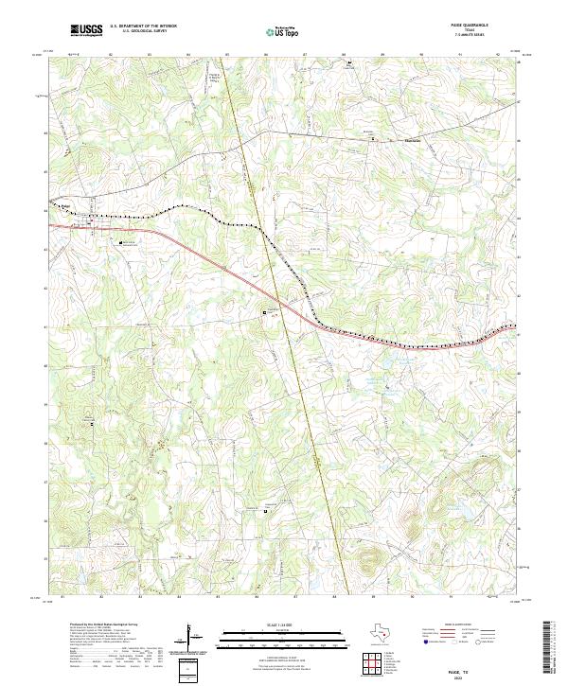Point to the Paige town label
click(x=66, y=204)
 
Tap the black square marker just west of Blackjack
click(x=372, y=140)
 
